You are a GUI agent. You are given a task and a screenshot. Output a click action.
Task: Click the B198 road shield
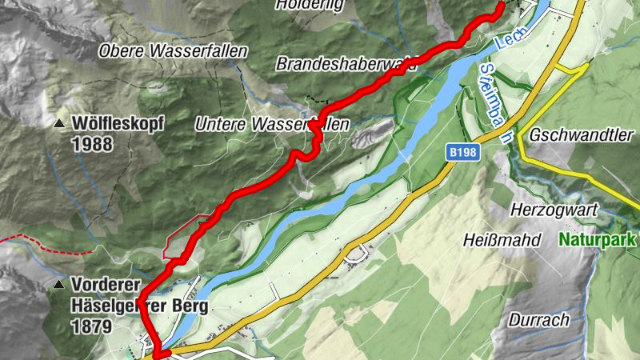point(462,151)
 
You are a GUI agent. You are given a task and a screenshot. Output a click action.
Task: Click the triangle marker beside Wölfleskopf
point(59,125)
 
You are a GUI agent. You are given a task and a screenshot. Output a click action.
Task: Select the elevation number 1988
point(91,144)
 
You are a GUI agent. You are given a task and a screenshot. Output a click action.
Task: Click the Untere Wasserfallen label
point(272,125)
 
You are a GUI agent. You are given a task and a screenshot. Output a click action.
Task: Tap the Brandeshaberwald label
point(346,63)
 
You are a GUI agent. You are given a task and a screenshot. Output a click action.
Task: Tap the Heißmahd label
point(502,240)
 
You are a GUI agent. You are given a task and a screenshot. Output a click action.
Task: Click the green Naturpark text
point(597,239)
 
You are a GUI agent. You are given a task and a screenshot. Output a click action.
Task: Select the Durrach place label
point(542,320)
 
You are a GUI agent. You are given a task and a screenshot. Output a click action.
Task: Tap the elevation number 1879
point(90,326)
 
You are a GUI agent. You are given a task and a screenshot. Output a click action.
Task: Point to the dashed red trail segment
point(48,243)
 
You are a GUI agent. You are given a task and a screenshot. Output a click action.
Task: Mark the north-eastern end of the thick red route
point(502,5)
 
